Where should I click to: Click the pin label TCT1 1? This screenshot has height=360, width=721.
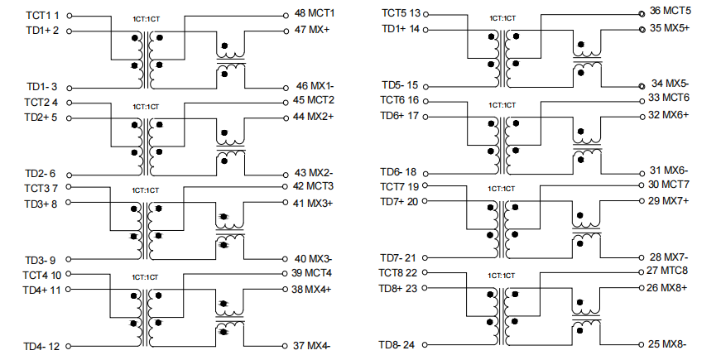[42, 15]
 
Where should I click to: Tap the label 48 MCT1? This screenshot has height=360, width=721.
[315, 13]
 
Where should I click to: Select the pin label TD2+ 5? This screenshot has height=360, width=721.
[41, 118]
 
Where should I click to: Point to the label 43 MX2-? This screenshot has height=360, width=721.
[314, 173]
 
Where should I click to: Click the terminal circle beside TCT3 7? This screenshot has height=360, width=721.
[69, 187]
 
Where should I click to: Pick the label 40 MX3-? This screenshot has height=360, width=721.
[313, 258]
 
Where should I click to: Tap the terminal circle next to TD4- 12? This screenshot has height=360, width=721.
[69, 346]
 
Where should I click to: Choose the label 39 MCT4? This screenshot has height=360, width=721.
[311, 272]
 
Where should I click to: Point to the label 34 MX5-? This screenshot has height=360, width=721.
[670, 84]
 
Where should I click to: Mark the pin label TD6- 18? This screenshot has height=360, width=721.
[398, 172]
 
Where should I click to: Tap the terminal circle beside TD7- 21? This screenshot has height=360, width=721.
[425, 257]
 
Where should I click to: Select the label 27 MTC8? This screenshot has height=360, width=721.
[667, 271]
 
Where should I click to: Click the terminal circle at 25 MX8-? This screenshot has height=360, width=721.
[641, 344]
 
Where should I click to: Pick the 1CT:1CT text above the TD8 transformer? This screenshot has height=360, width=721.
[502, 276]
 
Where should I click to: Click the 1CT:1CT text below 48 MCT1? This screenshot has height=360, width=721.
[147, 19]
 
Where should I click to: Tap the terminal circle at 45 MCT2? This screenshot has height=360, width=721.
[286, 103]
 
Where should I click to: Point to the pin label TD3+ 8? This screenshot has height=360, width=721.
[41, 204]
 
